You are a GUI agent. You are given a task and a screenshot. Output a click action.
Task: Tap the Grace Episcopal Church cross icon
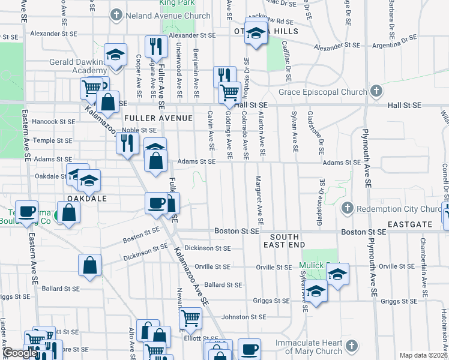point(376,92)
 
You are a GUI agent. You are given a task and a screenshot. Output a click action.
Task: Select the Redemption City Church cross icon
point(346,209)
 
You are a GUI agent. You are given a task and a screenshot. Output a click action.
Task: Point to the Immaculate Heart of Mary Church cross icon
point(352,346)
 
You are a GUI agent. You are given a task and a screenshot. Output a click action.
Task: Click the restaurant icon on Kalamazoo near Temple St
point(127,143)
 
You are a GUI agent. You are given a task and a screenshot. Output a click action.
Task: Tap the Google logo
point(19,353)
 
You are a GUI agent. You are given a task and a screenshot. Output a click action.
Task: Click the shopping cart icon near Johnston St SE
point(190,317)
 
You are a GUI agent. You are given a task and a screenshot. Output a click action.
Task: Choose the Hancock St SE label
point(54,121)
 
